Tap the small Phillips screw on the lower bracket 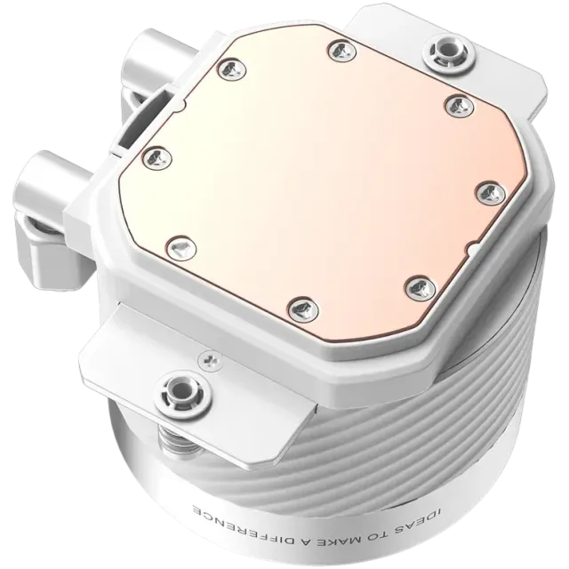[x=210, y=360]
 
